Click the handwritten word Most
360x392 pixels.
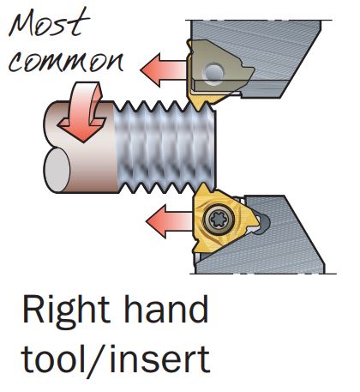tap(49, 23)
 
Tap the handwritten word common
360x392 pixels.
tap(66, 63)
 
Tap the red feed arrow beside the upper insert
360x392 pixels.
tap(164, 69)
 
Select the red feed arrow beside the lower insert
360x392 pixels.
tap(169, 220)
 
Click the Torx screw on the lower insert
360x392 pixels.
tap(219, 220)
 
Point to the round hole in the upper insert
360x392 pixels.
tap(213, 71)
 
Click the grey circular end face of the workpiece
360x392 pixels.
tap(57, 171)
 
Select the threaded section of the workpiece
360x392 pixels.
tap(165, 148)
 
